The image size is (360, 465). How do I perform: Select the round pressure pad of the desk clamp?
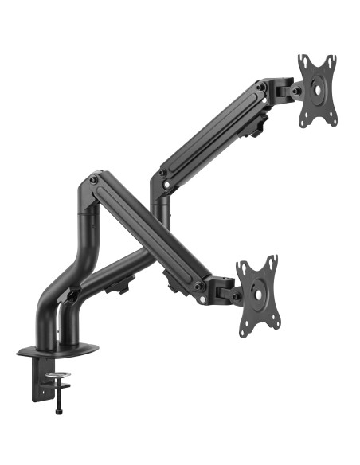[x=58, y=374]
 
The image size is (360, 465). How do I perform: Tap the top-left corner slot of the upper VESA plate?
[x=303, y=61]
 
